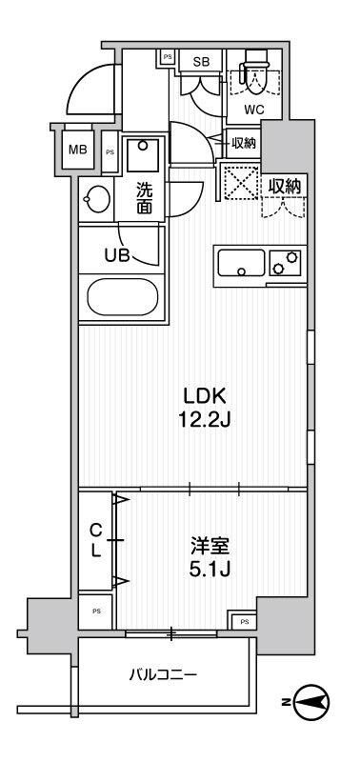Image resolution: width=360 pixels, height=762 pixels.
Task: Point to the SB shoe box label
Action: [201, 62]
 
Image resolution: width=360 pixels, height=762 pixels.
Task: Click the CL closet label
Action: [95, 541]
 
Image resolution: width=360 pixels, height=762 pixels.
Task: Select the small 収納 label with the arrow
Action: [244, 143]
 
